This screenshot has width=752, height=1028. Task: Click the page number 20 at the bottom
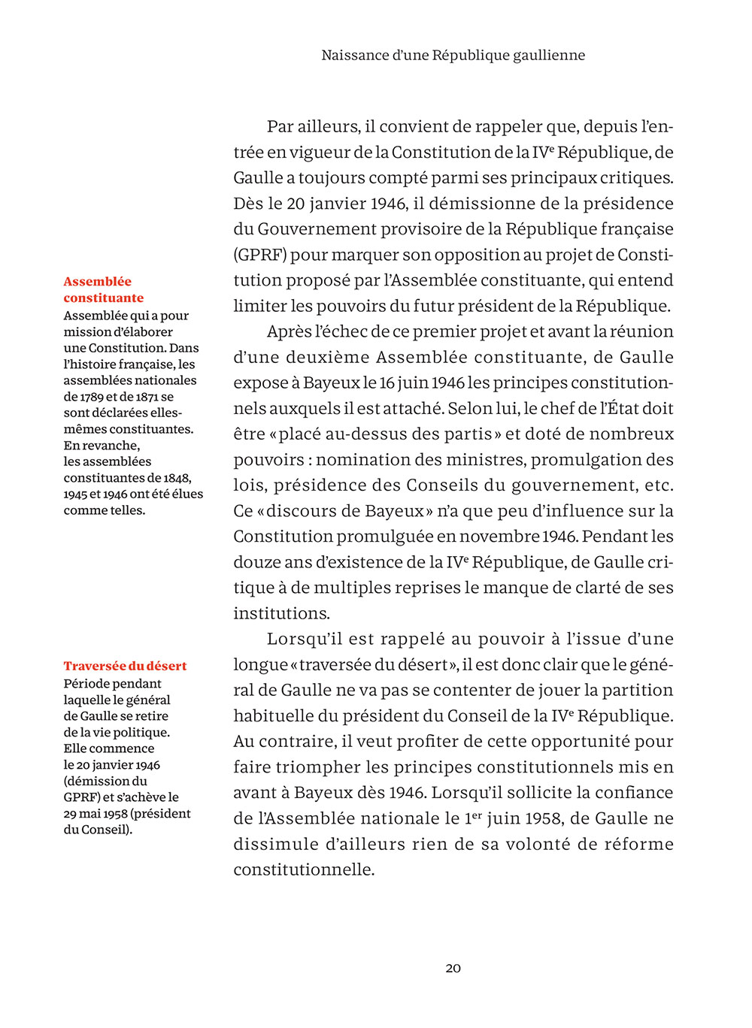453,969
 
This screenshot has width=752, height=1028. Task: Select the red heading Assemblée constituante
103,290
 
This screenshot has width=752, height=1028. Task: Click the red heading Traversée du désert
125,666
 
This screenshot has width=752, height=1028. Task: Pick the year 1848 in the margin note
177,478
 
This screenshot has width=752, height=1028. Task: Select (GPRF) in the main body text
259,255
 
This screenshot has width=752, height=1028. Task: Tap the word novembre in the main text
499,537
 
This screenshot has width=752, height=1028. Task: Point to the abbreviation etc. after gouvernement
659,485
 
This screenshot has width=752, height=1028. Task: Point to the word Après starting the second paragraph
289,332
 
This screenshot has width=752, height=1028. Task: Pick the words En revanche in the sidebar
102,446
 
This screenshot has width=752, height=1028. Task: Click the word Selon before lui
469,409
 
